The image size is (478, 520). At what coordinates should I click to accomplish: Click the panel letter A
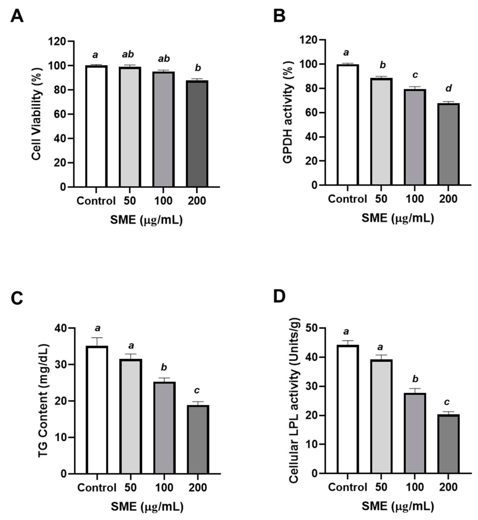(x=17, y=17)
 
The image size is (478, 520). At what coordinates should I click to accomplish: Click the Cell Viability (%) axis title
(x=37, y=114)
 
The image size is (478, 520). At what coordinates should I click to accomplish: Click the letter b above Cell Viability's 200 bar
(x=198, y=68)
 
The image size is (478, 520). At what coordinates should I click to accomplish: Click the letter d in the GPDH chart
(x=449, y=88)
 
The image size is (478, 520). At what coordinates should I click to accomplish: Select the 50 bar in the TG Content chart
(x=131, y=416)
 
